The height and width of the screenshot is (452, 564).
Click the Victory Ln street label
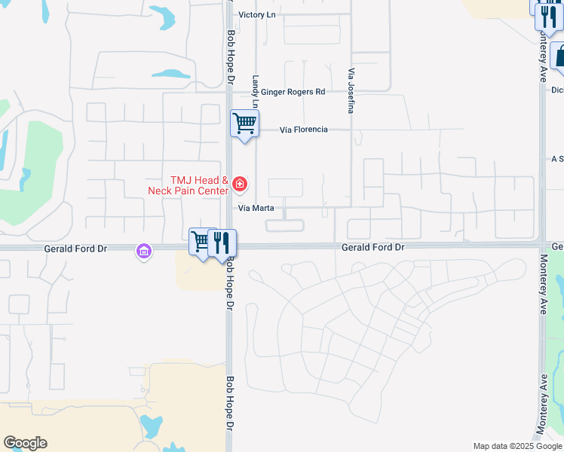coord(258,15)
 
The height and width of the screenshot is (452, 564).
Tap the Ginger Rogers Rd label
coord(293,92)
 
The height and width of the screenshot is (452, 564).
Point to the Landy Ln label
coord(256,91)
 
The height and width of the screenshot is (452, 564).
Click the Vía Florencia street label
coord(303,130)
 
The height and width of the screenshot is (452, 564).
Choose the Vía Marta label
coord(256,208)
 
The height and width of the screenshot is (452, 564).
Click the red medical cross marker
coord(239,183)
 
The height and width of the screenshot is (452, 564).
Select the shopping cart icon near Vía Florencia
coord(244,122)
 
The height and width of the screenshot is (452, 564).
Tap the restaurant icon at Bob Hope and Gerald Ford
coord(222,242)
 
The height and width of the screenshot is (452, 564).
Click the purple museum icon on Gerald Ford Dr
coord(144,251)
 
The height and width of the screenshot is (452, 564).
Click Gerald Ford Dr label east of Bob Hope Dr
coord(373,247)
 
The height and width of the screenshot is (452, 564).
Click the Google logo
coord(25,443)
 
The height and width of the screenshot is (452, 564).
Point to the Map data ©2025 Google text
coord(516,446)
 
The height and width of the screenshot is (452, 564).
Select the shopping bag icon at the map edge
coord(559,56)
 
